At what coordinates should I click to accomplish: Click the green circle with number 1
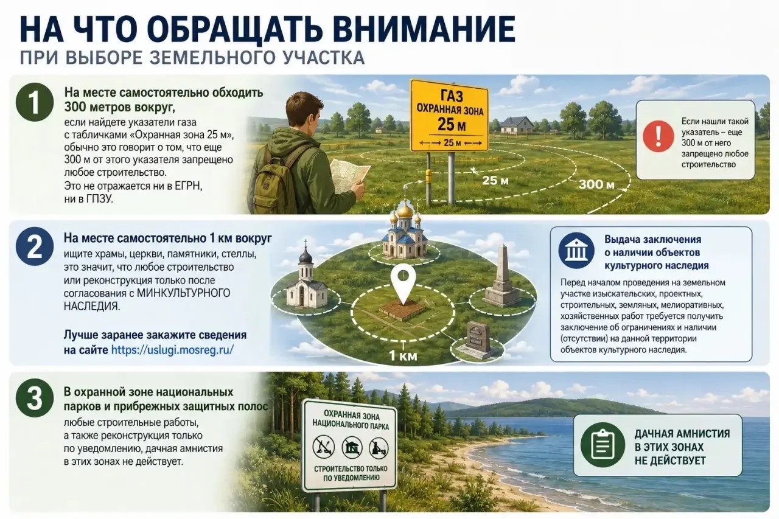(x=35, y=102)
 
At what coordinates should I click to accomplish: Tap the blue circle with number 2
(x=35, y=246)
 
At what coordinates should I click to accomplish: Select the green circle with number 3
(x=35, y=399)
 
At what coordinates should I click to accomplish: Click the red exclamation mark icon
(x=658, y=136)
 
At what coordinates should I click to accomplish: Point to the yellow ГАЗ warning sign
(x=450, y=116)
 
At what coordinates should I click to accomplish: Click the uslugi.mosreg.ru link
(x=172, y=350)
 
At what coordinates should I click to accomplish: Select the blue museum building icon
(x=576, y=251)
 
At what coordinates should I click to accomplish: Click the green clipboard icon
(x=603, y=445)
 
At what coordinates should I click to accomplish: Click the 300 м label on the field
(x=596, y=184)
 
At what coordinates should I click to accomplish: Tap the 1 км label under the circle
(x=403, y=355)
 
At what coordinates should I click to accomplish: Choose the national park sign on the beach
(x=349, y=445)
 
